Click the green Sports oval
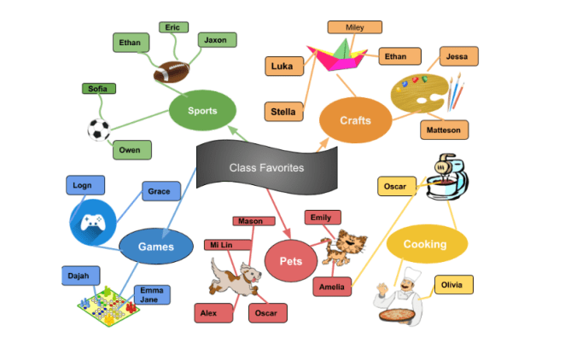tap(202, 110)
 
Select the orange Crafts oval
tap(354, 120)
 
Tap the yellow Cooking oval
tap(426, 245)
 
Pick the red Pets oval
tap(290, 260)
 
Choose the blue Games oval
tap(156, 247)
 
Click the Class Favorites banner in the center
tap(265, 167)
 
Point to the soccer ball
tap(99, 130)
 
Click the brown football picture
tap(175, 71)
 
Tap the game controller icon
tap(91, 223)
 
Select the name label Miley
tap(354, 27)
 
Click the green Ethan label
tap(131, 42)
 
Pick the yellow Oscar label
tap(396, 185)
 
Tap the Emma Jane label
tap(151, 294)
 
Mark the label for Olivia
tap(453, 285)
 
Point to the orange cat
tap(348, 247)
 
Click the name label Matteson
tap(444, 131)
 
